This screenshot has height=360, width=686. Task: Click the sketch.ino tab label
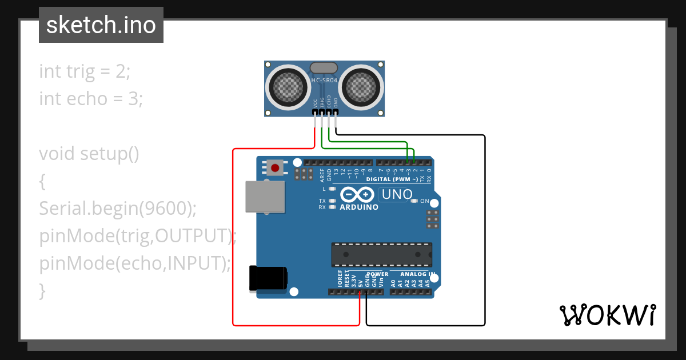coord(101,25)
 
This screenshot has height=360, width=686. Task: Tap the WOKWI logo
coord(607,315)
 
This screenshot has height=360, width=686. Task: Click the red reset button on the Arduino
coord(276,168)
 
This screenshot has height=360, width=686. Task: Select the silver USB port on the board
coord(264,197)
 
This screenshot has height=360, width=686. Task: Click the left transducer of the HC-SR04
coord(289,87)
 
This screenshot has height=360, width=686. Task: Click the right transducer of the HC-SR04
coord(361,87)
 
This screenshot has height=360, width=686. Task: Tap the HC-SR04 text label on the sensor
coord(325,81)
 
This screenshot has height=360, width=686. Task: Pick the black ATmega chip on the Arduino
coord(381,255)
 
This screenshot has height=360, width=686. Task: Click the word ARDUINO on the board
coord(359,207)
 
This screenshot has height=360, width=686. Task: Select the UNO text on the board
coord(397,194)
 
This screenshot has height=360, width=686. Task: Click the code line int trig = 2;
coord(85,71)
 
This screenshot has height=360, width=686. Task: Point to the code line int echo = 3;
coord(91,99)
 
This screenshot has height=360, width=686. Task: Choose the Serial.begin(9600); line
coord(118,209)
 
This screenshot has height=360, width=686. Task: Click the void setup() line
coord(89,154)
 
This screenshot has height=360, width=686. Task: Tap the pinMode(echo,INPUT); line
coord(135,263)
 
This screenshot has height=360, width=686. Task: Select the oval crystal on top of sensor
coord(324,68)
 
